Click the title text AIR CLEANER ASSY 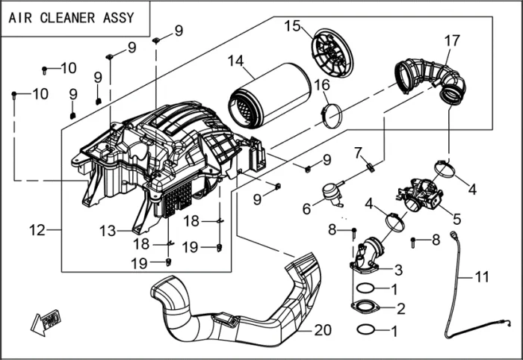(73, 17)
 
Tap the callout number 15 (291, 26)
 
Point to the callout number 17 (452, 40)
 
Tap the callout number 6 (306, 210)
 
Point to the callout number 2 (401, 308)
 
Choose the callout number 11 (482, 277)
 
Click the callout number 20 (322, 329)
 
